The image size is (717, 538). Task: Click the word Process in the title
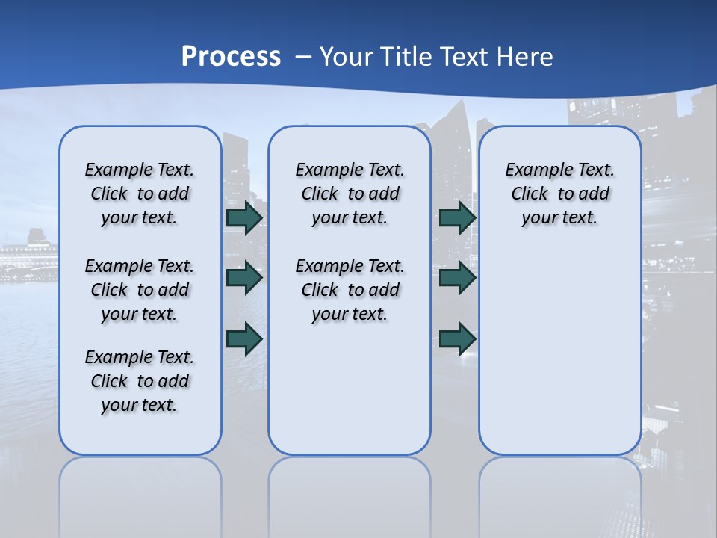tap(231, 57)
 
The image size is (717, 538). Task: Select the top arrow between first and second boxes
tap(244, 217)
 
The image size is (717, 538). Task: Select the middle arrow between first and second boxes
tap(244, 278)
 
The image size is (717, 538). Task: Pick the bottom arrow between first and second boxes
tap(244, 338)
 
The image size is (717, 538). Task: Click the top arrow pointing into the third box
tap(457, 217)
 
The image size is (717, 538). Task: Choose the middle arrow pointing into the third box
tap(457, 278)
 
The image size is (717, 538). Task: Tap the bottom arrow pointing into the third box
tap(457, 338)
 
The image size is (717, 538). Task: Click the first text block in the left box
tap(140, 194)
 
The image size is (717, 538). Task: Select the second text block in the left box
tap(140, 290)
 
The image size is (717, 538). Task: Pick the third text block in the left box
tap(140, 381)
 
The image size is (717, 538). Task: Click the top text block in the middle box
tap(350, 194)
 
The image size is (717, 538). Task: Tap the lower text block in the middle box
tap(350, 290)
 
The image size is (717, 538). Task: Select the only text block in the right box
tap(559, 194)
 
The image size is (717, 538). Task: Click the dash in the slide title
tap(303, 57)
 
